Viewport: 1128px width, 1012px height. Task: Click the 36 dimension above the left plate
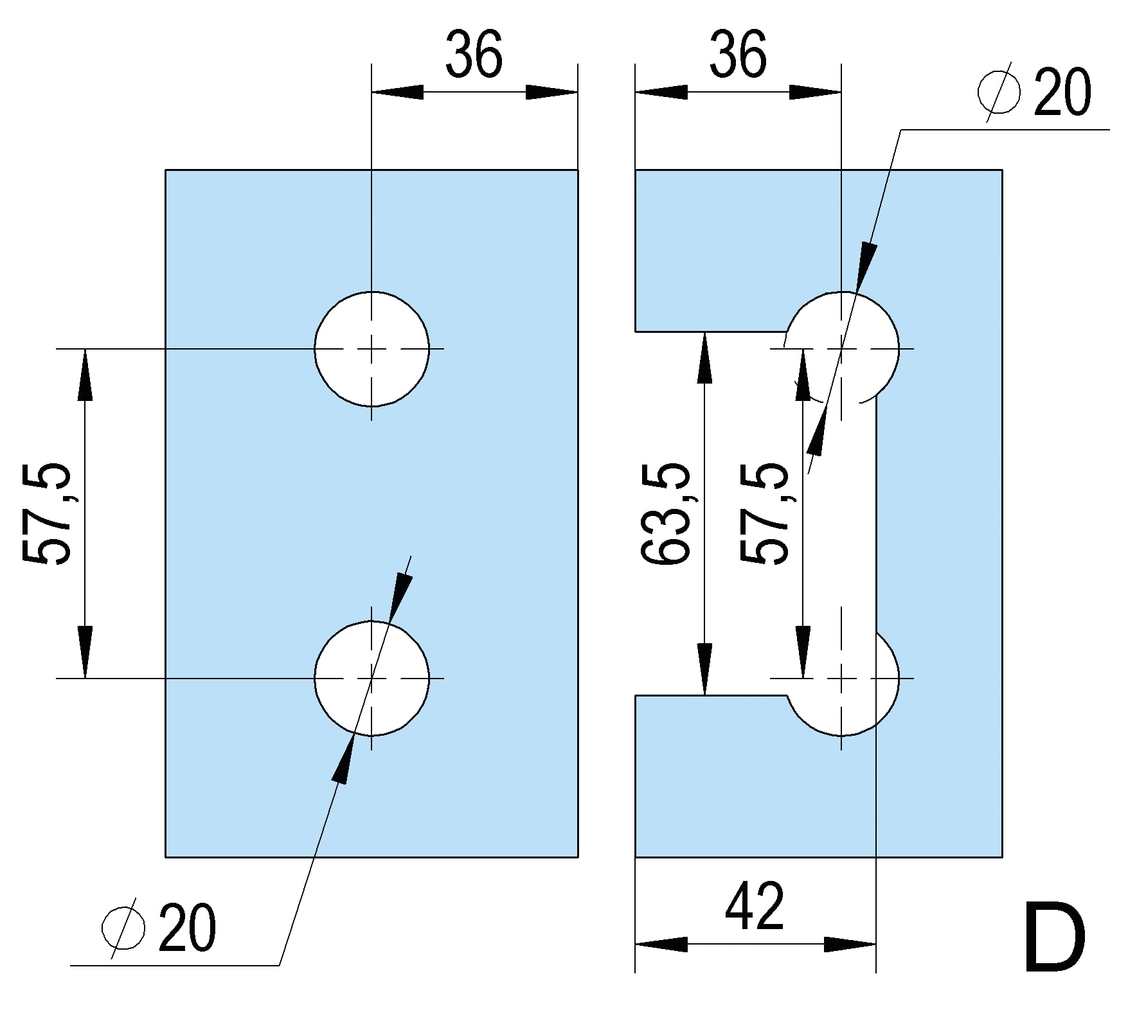[x=474, y=55]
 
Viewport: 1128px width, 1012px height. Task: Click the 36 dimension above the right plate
[x=738, y=55]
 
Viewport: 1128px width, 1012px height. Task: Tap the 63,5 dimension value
[x=666, y=513]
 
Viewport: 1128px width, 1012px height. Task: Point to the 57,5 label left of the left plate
[x=46, y=513]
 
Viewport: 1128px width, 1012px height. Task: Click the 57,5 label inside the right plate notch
[x=764, y=513]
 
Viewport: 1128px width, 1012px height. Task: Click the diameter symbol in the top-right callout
[x=999, y=93]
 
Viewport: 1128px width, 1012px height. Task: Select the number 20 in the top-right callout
[x=1062, y=93]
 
